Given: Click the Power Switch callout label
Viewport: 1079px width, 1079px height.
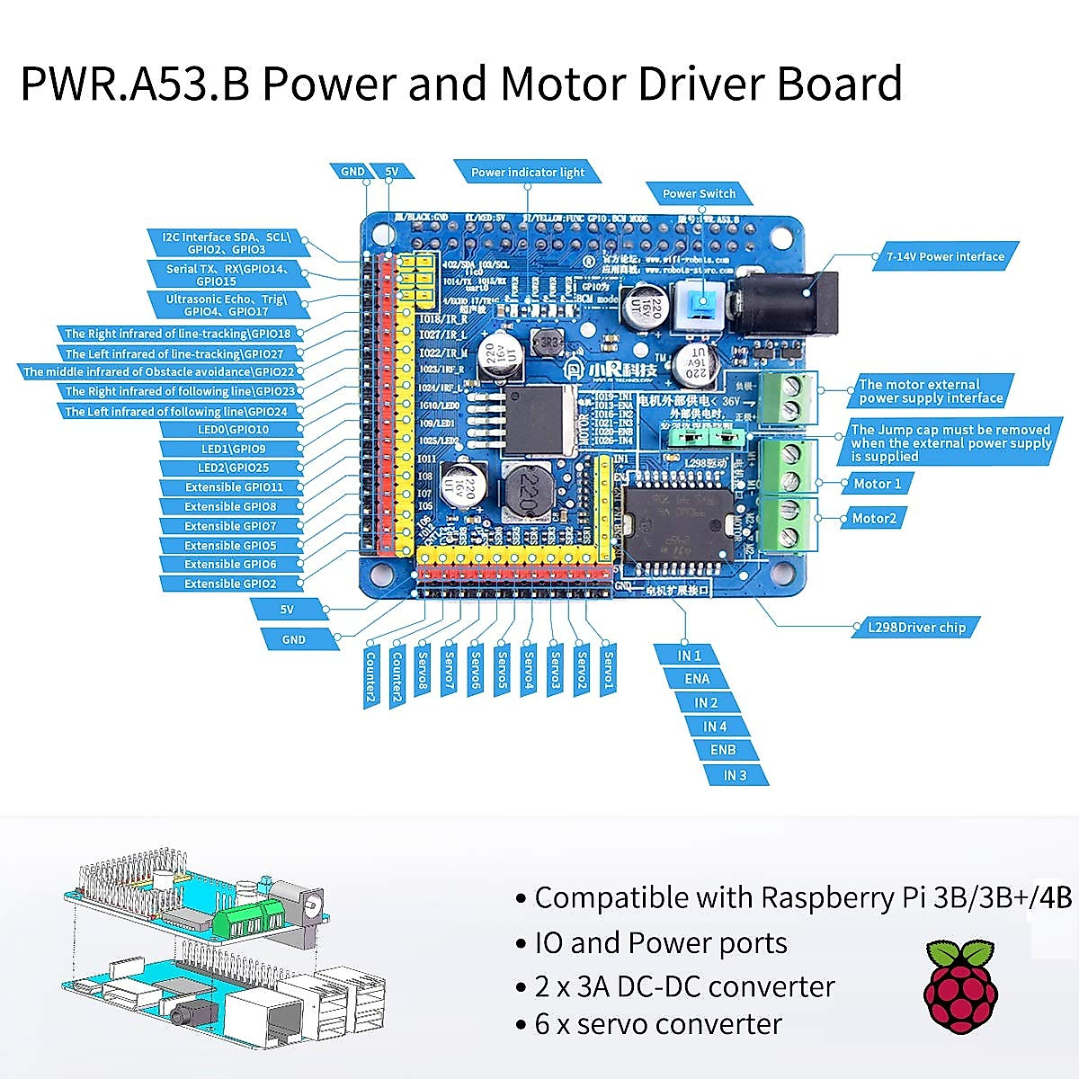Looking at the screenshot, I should click(699, 193).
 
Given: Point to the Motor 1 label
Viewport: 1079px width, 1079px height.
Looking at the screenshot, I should click(877, 484).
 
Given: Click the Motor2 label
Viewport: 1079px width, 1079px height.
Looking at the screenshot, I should click(873, 518).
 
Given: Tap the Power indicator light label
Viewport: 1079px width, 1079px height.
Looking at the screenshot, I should click(528, 172).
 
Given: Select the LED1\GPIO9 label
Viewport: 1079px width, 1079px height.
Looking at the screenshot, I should click(232, 449).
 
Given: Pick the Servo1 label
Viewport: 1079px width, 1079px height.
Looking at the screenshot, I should click(609, 671).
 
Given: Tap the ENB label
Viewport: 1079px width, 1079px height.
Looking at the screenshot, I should click(722, 750).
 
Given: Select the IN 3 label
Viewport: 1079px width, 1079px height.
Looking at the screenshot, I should click(735, 774).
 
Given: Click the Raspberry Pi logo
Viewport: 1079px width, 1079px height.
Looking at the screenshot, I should click(960, 987).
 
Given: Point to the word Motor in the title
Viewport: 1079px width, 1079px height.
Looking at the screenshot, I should click(561, 83).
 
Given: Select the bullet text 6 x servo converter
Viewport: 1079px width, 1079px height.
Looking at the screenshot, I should click(658, 1024).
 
